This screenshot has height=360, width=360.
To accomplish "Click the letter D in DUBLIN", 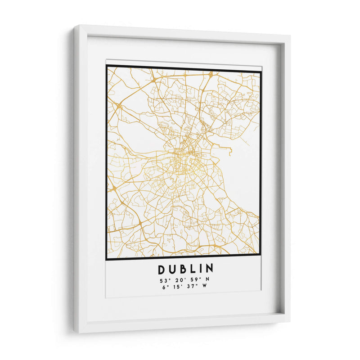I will click(x=162, y=269).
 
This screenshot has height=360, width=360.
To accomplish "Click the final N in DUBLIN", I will click(x=210, y=269).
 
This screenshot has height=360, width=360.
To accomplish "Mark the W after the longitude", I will click(x=207, y=288).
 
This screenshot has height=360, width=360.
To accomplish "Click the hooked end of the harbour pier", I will click(x=230, y=154).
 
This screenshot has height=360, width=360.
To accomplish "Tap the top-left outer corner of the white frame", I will click(x=75, y=26).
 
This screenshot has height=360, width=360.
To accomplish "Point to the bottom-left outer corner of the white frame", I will click(x=75, y=333).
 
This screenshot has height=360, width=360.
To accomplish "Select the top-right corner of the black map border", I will click(x=261, y=72).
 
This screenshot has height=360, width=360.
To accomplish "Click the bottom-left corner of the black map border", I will click(x=107, y=260).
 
